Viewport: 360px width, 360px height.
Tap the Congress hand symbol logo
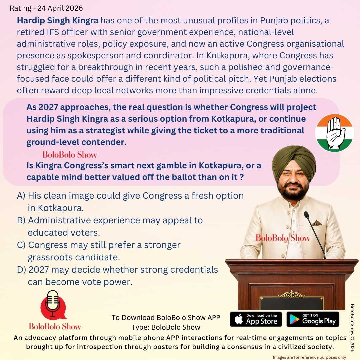pyautogui.click(x=334, y=133)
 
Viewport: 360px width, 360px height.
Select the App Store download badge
pyautogui.click(x=256, y=319)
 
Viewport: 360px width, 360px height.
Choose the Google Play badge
pyautogui.click(x=313, y=319)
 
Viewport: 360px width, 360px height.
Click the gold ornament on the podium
pyautogui.click(x=292, y=294)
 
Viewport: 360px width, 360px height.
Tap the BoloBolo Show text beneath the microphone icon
pyautogui.click(x=55, y=326)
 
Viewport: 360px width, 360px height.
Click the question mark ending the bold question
pyautogui.click(x=241, y=177)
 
